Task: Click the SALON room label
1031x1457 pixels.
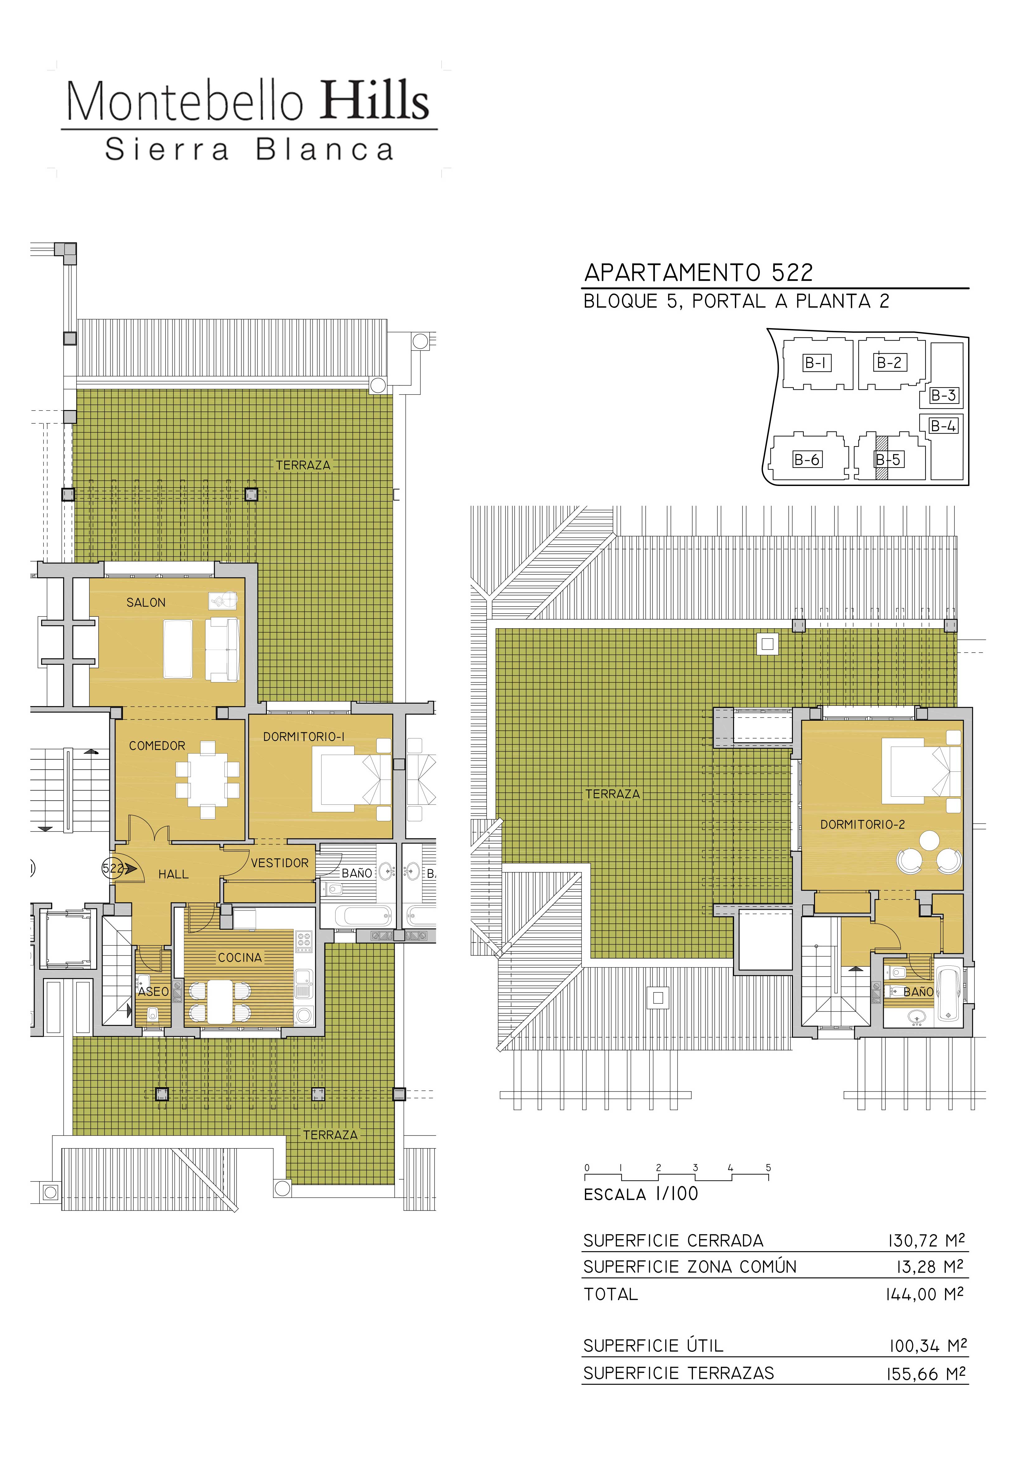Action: [x=146, y=602]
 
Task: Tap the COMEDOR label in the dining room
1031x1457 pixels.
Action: [x=158, y=746]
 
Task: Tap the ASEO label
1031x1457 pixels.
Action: [x=154, y=992]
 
